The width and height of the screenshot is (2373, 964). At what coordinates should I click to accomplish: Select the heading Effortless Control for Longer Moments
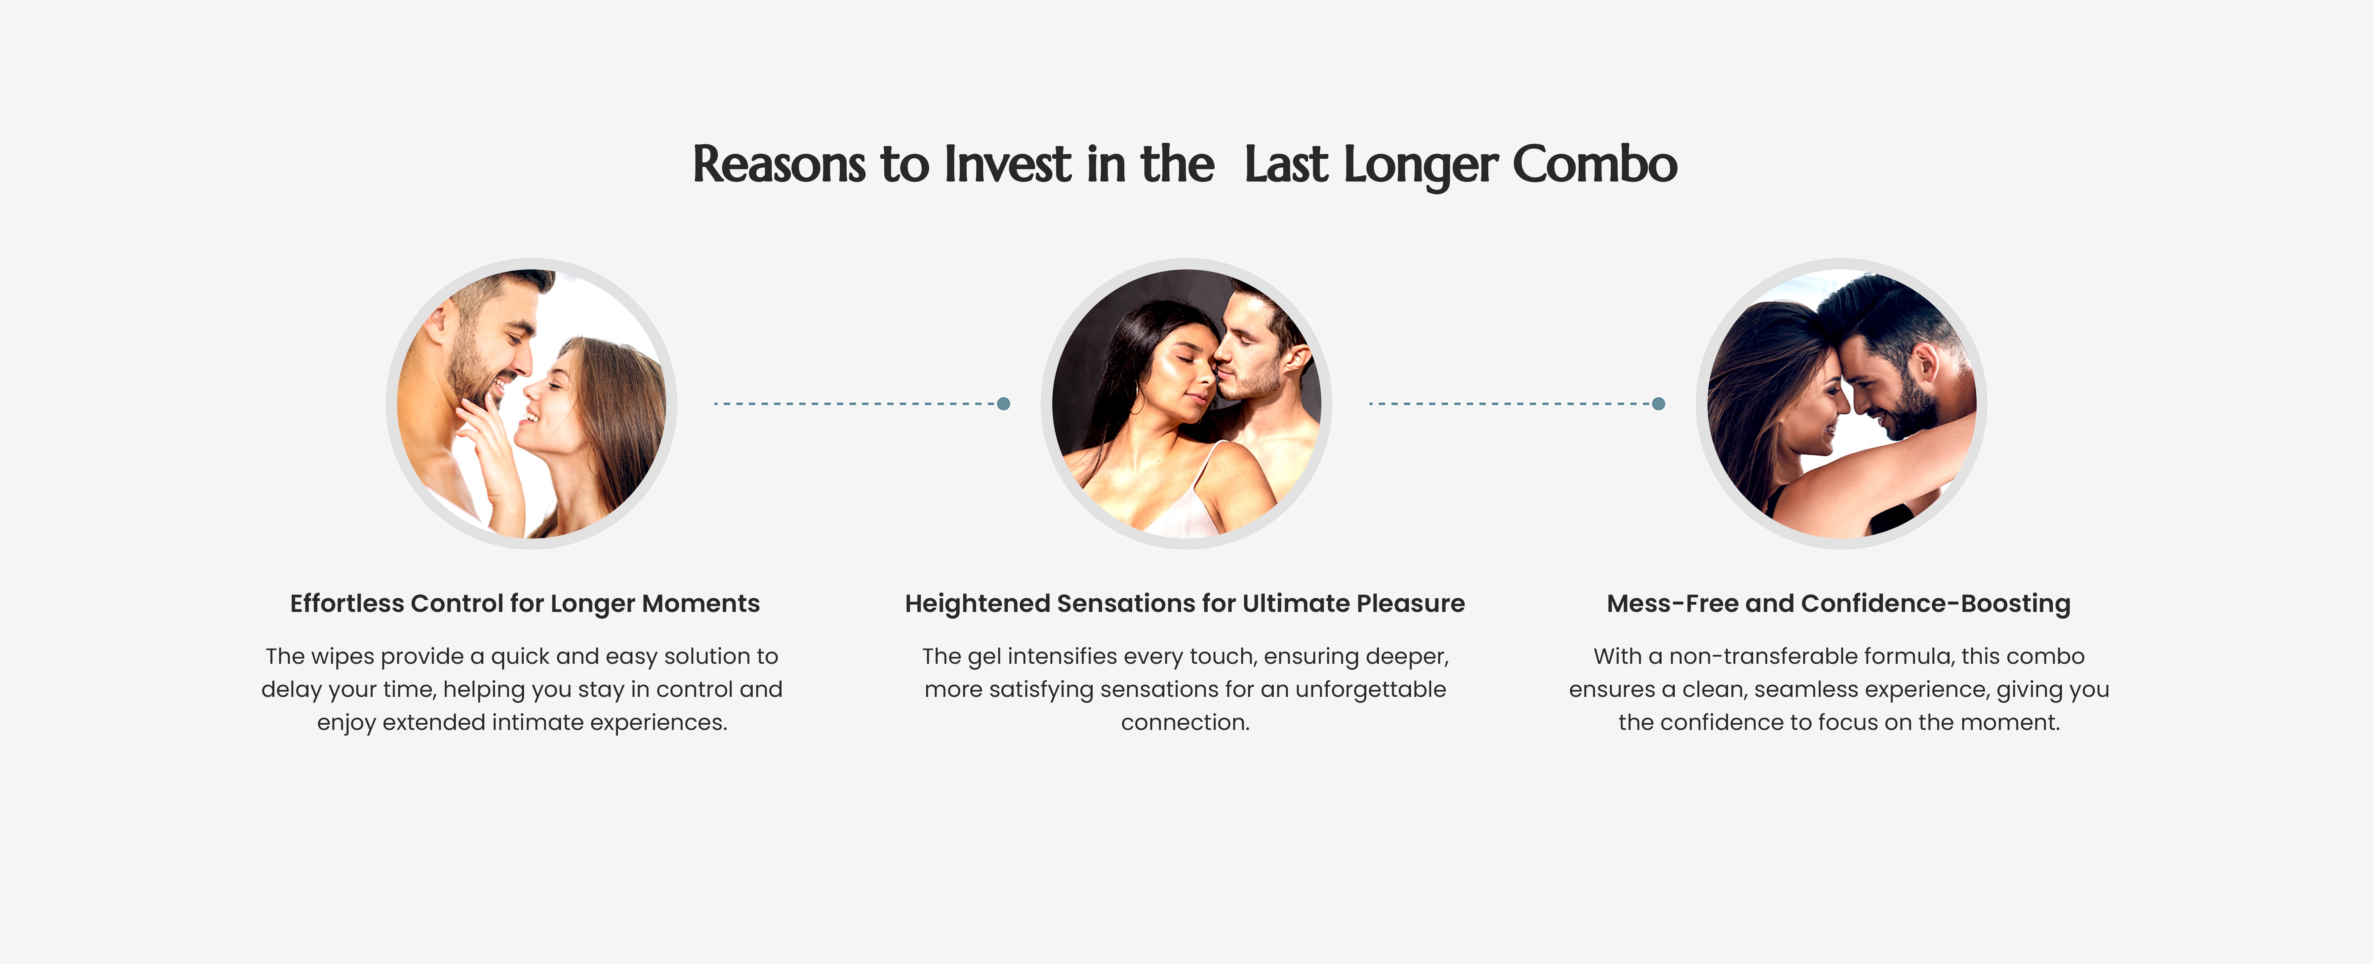525,604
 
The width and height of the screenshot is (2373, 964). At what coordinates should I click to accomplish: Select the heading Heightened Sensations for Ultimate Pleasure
1185,604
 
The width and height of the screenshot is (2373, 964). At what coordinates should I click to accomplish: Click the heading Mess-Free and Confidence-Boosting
1839,604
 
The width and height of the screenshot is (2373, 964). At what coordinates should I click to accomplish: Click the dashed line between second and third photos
1511,404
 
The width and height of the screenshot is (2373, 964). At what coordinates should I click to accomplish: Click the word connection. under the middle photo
1185,723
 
